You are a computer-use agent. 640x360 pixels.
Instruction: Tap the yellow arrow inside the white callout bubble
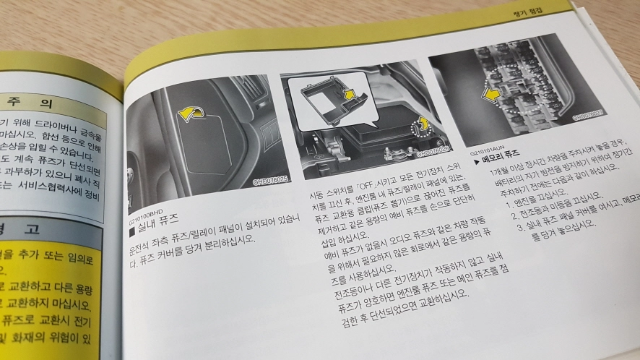(x=350, y=93)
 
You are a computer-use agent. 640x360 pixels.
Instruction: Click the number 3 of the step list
(x=517, y=226)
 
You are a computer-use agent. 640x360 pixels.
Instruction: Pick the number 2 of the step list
(x=514, y=212)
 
